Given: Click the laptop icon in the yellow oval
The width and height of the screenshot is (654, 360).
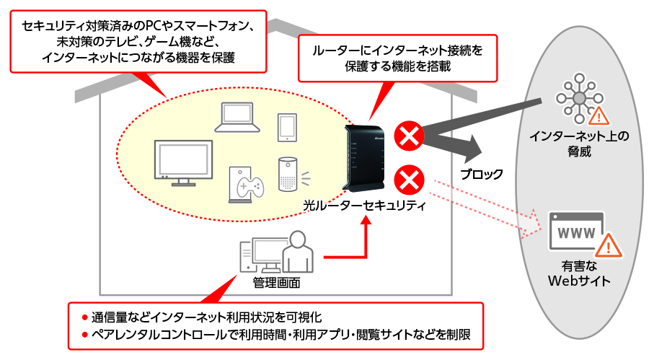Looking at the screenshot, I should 237,117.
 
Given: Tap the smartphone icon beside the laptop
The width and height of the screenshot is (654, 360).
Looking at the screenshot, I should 287,127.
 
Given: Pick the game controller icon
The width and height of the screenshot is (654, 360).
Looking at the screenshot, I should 245,184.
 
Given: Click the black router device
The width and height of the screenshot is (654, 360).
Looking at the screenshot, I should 365,159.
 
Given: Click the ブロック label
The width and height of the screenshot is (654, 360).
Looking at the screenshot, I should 482,174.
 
